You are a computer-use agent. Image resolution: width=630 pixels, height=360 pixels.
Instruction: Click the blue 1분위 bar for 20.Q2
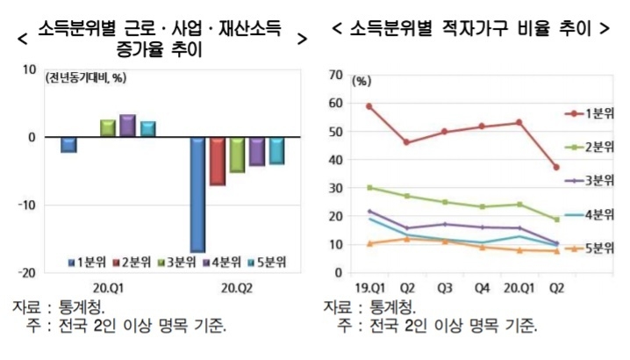point(198,194)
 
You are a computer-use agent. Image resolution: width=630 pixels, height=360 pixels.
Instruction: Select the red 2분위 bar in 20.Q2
point(217,162)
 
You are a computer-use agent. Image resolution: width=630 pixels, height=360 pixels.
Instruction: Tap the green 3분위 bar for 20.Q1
point(108,128)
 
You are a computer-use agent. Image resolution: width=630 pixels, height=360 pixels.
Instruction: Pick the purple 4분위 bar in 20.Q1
point(127,126)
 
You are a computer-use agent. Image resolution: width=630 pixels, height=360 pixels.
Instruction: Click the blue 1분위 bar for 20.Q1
point(68,145)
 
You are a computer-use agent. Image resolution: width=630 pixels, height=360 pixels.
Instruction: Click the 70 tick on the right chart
point(335,76)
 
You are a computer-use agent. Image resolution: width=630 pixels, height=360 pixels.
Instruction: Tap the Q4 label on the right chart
point(483,286)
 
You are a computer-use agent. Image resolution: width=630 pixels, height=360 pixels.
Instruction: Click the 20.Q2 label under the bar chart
point(239,287)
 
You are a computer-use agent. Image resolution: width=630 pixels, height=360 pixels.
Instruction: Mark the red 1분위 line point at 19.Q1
point(369,106)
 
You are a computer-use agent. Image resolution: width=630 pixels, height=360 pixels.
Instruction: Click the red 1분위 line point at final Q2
point(556,168)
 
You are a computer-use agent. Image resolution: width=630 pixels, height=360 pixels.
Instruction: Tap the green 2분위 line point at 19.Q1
point(369,188)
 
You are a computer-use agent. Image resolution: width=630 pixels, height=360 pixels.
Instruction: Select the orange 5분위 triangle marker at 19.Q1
point(369,243)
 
